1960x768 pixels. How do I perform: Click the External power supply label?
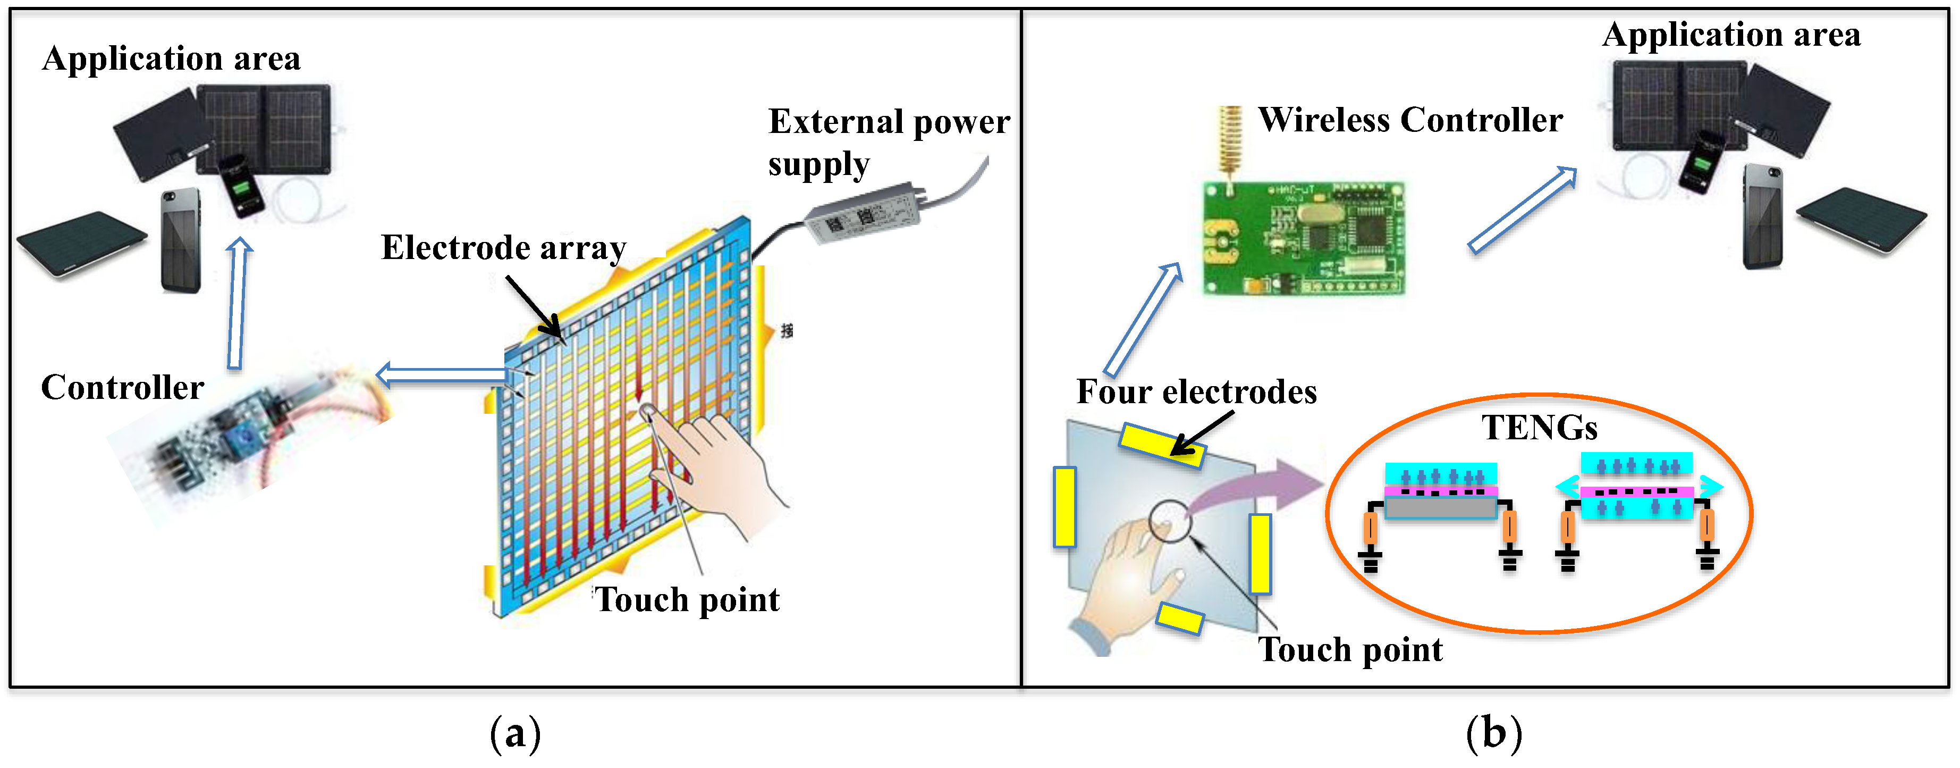[888, 143]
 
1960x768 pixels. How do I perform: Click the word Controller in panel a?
[122, 387]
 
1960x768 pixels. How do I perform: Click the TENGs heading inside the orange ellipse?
[1539, 428]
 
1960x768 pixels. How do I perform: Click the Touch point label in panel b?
[1349, 649]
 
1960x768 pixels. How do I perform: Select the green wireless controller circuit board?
[1303, 238]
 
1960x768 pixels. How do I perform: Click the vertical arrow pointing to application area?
[238, 303]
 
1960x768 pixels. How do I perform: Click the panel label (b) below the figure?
[1493, 734]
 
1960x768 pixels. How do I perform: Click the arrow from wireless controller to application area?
[1522, 210]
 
